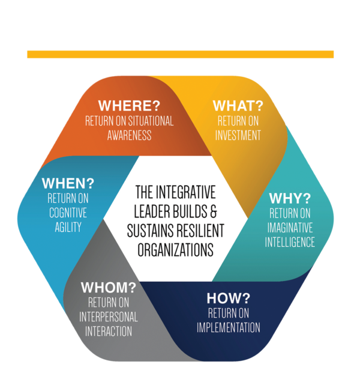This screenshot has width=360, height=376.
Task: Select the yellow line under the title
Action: (180, 55)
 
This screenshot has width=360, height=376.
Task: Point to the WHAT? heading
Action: (238, 106)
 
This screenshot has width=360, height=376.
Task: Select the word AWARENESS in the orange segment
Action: (129, 135)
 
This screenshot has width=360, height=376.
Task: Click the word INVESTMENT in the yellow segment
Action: (238, 135)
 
